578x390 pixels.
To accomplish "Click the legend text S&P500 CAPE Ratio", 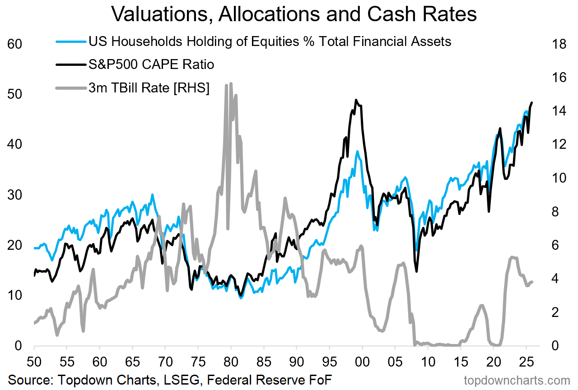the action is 151,64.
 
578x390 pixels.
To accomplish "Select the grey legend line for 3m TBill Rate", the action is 71,88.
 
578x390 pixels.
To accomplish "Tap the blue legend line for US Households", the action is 71,41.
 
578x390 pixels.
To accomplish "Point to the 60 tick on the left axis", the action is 14,44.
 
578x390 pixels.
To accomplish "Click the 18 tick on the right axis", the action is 559,44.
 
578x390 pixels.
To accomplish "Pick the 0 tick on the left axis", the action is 18,346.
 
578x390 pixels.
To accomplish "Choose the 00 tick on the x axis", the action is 362,362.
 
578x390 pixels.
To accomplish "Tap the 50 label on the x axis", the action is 34,362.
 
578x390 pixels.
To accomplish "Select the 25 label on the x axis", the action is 526,362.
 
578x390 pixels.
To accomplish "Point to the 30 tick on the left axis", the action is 14,195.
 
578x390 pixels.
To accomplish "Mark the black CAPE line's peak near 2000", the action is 356,100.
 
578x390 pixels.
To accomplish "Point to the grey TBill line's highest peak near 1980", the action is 231,83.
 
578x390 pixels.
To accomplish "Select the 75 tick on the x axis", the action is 198,362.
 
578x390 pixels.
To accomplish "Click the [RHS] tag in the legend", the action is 191,88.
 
